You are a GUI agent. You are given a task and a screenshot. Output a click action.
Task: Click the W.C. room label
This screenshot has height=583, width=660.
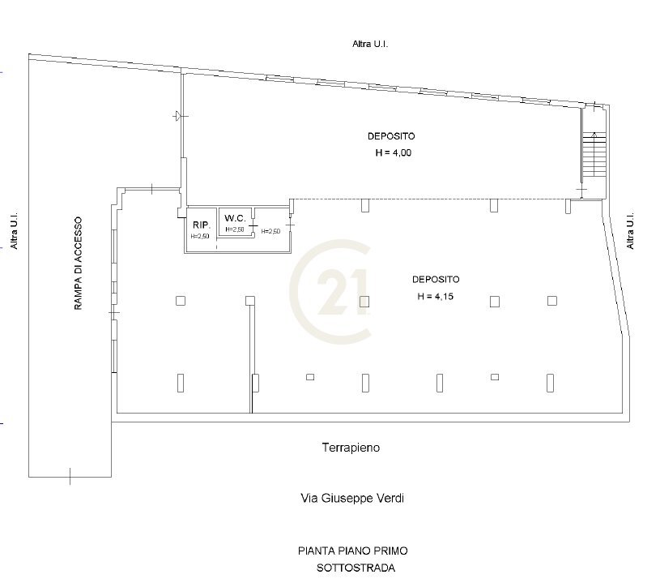click(235, 218)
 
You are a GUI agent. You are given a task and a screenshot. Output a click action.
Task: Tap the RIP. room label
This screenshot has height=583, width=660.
click(201, 225)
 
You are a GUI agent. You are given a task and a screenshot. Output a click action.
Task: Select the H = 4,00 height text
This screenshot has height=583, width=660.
click(393, 153)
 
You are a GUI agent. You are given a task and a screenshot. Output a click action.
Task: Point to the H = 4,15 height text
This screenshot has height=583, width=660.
click(435, 296)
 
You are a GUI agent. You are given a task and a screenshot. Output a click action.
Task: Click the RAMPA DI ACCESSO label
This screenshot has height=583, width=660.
click(79, 264)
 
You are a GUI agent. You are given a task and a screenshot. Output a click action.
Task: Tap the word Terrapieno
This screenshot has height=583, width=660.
click(351, 448)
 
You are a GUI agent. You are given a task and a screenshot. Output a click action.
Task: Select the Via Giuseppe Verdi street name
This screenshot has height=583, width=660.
click(352, 499)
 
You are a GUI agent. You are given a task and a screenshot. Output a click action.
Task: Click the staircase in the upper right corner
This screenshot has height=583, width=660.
click(594, 155)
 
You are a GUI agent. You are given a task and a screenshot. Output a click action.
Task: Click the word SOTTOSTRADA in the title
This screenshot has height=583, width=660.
click(356, 568)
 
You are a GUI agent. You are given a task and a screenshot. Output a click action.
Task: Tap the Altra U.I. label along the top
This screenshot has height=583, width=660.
click(370, 44)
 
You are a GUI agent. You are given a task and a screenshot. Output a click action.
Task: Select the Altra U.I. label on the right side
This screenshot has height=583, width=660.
click(630, 231)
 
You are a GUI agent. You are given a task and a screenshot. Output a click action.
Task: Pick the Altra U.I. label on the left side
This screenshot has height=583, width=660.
click(15, 231)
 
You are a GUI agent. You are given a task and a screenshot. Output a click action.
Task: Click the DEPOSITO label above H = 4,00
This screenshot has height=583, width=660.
click(391, 136)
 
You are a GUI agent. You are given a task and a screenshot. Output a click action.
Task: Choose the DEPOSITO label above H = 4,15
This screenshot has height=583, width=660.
click(436, 279)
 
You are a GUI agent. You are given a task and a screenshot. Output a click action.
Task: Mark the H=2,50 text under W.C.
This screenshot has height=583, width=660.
click(235, 229)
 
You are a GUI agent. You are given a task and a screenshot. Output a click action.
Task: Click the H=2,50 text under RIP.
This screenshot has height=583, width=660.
click(200, 237)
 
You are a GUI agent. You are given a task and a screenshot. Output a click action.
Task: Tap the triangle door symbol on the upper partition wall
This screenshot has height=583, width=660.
click(179, 115)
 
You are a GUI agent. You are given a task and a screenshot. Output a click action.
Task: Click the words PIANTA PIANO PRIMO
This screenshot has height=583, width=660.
click(353, 551)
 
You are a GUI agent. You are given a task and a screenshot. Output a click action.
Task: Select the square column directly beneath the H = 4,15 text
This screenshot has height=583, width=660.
click(495, 302)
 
